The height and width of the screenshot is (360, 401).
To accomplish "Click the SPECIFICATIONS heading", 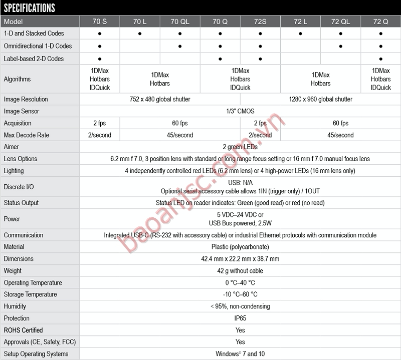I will (x=30, y=8).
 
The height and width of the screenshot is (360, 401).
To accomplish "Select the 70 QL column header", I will (x=180, y=22).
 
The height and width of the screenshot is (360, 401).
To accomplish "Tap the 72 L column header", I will (x=300, y=22).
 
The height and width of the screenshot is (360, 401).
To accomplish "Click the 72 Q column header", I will (x=380, y=22).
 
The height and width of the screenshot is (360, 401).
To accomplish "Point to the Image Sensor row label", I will (x=21, y=111).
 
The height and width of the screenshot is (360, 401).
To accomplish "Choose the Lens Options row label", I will (x=21, y=159).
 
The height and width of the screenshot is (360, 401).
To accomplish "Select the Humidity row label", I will (x=15, y=306).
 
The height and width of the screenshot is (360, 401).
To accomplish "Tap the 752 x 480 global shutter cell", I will (x=159, y=99).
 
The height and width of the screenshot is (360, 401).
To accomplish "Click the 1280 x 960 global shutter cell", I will (x=320, y=99).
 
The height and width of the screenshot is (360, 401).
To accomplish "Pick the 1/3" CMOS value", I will (x=240, y=111).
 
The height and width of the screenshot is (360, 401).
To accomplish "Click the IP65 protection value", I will (x=240, y=318).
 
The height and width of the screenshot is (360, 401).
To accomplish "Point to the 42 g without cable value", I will (x=240, y=271).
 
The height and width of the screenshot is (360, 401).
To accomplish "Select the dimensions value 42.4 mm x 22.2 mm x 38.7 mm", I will (x=240, y=259).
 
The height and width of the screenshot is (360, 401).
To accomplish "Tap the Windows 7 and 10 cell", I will (x=240, y=354).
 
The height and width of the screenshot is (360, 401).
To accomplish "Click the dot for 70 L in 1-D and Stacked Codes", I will (x=140, y=34).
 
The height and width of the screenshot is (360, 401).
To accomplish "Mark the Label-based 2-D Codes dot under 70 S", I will (x=100, y=59).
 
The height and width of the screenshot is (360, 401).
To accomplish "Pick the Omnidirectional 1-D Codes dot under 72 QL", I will (x=340, y=46).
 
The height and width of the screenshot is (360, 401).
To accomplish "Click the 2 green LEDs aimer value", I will (x=240, y=147).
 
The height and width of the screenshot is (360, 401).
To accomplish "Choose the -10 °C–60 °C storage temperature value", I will (x=240, y=294).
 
